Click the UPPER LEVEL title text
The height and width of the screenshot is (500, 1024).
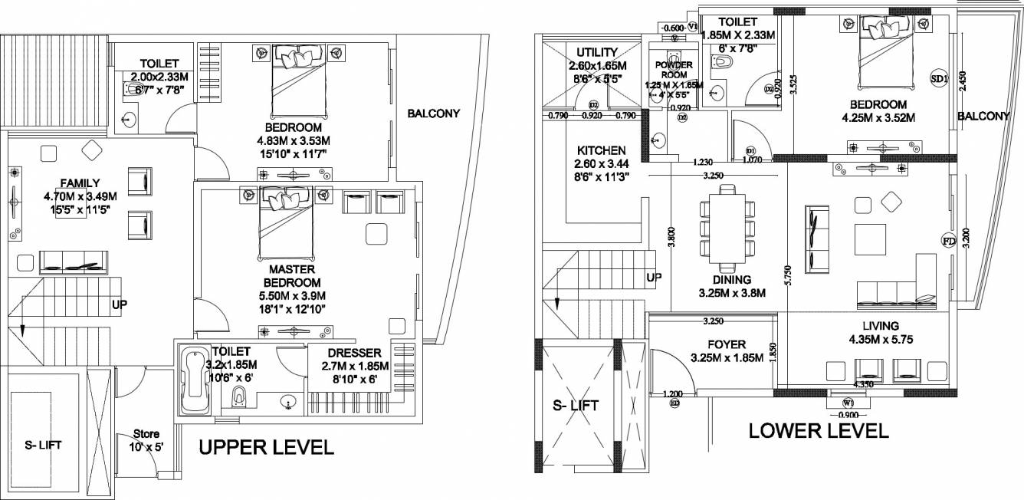pyautogui.click(x=266, y=448)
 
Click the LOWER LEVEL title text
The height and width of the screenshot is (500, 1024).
pyautogui.click(x=818, y=430)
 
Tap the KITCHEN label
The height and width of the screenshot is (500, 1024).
pyautogui.click(x=602, y=150)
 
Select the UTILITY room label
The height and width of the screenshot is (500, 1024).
pyautogui.click(x=596, y=51)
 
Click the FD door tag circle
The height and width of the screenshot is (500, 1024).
pyautogui.click(x=948, y=241)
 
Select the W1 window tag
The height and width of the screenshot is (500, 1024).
pyautogui.click(x=848, y=403)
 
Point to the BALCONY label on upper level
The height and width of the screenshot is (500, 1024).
pyautogui.click(x=434, y=113)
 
